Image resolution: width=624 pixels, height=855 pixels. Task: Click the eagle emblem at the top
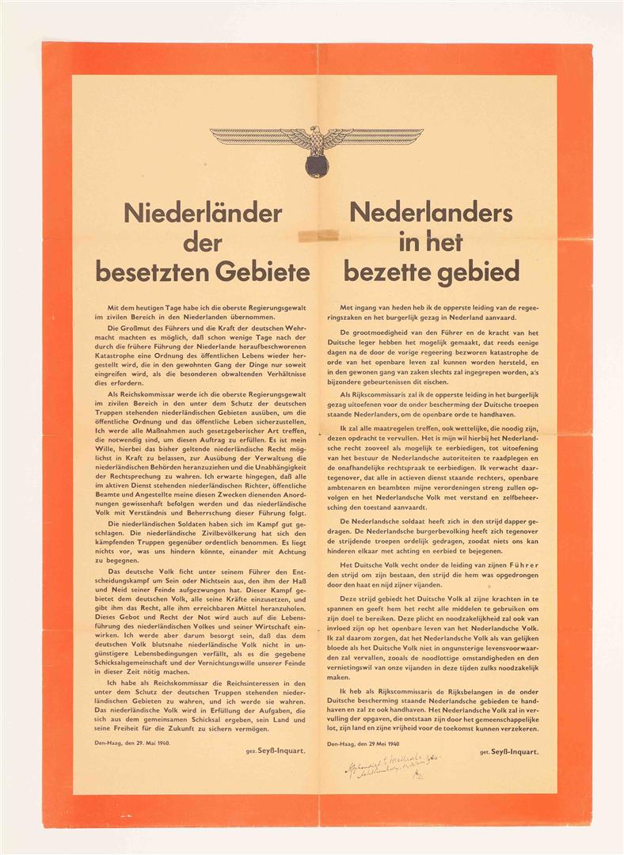(x=317, y=146)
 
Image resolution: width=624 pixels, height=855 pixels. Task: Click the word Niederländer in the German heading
(x=203, y=213)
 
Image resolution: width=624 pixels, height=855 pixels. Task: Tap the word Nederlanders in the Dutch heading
(x=431, y=213)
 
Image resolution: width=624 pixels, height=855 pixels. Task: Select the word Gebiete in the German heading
(x=266, y=272)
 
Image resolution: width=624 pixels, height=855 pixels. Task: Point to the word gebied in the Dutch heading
(x=480, y=272)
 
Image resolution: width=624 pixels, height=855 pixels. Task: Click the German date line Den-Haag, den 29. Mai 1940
(x=139, y=742)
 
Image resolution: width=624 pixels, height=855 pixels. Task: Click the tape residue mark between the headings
(x=316, y=235)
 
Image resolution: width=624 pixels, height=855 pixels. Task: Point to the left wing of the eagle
(x=252, y=136)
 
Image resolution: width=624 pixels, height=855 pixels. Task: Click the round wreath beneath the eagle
(x=317, y=165)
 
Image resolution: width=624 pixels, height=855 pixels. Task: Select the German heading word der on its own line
(x=203, y=242)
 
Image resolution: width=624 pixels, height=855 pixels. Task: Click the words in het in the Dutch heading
(x=431, y=242)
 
